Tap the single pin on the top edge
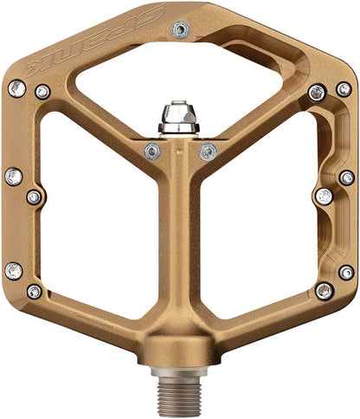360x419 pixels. pyautogui.click(x=180, y=29)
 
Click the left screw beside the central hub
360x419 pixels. pyautogui.click(x=152, y=151)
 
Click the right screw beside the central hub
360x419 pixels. pyautogui.click(x=208, y=151)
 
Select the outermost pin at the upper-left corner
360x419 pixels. pyautogui.click(x=15, y=87)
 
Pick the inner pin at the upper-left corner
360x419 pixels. pyautogui.click(x=42, y=90)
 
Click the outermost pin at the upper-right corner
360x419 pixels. pyautogui.click(x=344, y=89)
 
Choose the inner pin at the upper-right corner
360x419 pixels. pyautogui.click(x=318, y=91)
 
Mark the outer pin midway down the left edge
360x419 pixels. pyautogui.click(x=13, y=177)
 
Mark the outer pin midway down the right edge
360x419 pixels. pyautogui.click(x=346, y=177)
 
